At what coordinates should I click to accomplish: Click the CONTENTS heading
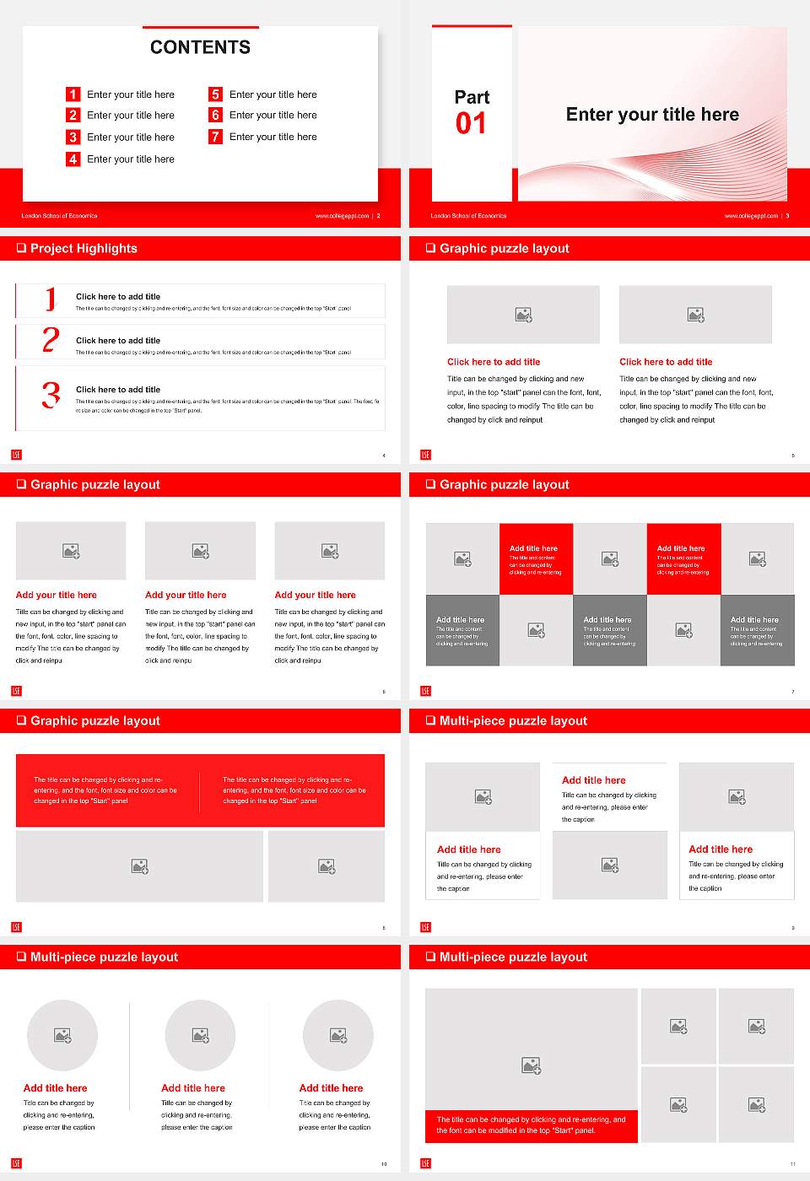(200, 47)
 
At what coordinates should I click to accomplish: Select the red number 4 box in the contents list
(73, 159)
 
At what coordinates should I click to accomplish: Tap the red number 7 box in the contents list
(216, 137)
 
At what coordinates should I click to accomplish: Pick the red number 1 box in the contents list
(73, 94)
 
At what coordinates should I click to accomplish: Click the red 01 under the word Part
(471, 124)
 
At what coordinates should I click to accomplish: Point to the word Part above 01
(472, 97)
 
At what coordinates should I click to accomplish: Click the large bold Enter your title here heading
(652, 115)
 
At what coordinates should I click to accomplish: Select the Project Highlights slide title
(84, 248)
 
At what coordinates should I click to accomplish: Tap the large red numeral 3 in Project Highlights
(51, 395)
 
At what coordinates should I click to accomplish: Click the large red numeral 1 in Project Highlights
(51, 299)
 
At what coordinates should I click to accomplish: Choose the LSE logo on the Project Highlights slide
(16, 455)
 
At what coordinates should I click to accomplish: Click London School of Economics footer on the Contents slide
(59, 216)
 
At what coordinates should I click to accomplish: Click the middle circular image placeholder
(200, 1035)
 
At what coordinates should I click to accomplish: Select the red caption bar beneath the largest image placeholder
(532, 1125)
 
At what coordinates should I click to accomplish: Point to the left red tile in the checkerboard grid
(536, 559)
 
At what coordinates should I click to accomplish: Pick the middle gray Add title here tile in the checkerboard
(609, 630)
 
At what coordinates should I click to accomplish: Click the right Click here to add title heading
(666, 362)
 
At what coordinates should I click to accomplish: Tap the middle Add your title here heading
(186, 595)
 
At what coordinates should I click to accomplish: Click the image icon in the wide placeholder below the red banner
(140, 866)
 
